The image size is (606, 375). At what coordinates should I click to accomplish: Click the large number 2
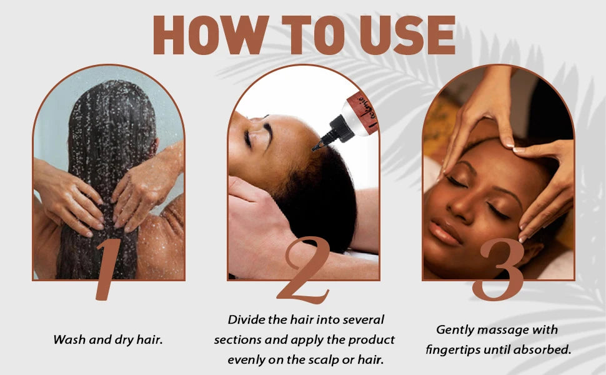pos(303,272)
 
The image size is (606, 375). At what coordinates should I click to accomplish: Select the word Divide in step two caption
pos(246,320)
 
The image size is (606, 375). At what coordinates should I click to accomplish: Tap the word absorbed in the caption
pos(545,350)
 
